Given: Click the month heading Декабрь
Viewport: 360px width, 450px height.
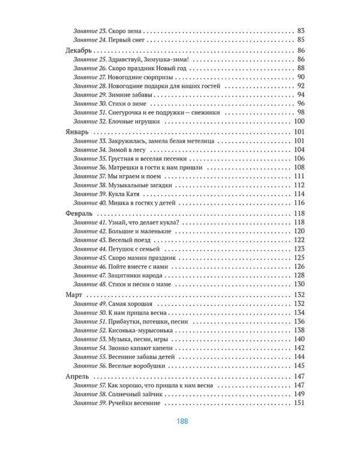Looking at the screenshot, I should pos(77,50).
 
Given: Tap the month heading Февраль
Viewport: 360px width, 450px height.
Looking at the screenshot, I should pos(77,213).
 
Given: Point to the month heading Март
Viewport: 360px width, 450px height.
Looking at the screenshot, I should pos(73,294).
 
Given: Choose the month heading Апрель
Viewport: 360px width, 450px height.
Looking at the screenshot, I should pos(76,376).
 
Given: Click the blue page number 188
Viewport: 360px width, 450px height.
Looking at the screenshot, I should pos(183,421).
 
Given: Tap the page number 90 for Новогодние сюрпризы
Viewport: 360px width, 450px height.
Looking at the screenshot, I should pos(301,77).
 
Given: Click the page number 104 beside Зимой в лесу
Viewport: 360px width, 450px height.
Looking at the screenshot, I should pos(300,149).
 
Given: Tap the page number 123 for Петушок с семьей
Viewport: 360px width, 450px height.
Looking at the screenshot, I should pos(300,248).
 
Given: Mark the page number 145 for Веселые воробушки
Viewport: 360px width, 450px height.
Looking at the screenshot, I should pos(300,366).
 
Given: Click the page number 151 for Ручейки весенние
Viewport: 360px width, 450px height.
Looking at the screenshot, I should pos(300,403).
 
